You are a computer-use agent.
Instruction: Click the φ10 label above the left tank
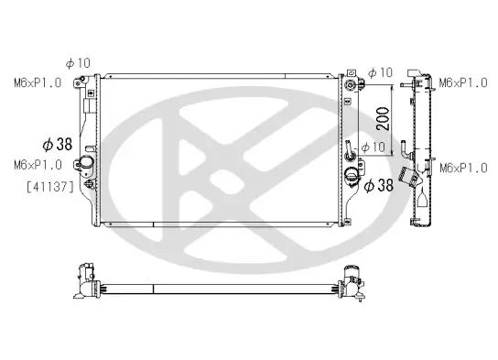[77, 63]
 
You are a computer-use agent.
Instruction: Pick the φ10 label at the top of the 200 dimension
[380, 72]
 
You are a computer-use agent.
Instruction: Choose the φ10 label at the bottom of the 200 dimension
[373, 147]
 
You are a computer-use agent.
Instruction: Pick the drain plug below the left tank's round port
[89, 184]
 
